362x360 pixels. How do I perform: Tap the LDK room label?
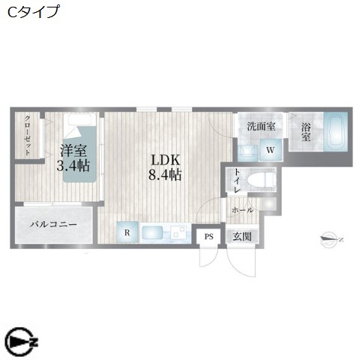[x=165, y=159]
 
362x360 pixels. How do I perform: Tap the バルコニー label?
[x=53, y=225]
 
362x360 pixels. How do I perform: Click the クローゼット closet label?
[x=28, y=136]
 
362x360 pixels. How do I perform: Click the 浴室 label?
[x=306, y=132]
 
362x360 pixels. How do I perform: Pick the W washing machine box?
[x=270, y=151]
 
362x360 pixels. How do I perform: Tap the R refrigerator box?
[x=127, y=232]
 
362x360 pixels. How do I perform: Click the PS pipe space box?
[x=208, y=237]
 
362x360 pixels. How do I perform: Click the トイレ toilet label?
[x=238, y=180]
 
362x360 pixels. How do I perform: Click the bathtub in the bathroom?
[x=335, y=133]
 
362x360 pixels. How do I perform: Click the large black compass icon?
[x=21, y=342]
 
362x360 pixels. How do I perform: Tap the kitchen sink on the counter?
[x=153, y=232]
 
